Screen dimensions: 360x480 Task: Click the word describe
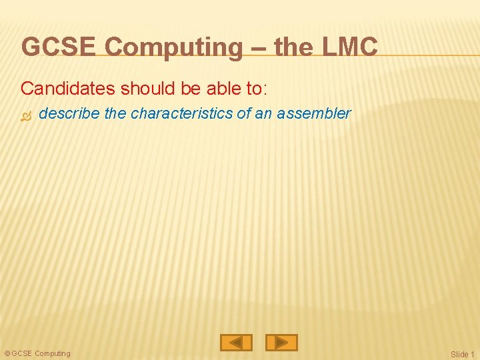70,113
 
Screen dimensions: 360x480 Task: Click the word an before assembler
263,113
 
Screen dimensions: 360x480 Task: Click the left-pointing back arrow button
236,343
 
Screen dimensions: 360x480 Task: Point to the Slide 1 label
463,354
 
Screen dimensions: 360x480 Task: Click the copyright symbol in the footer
7,353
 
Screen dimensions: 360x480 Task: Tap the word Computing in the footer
52,353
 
